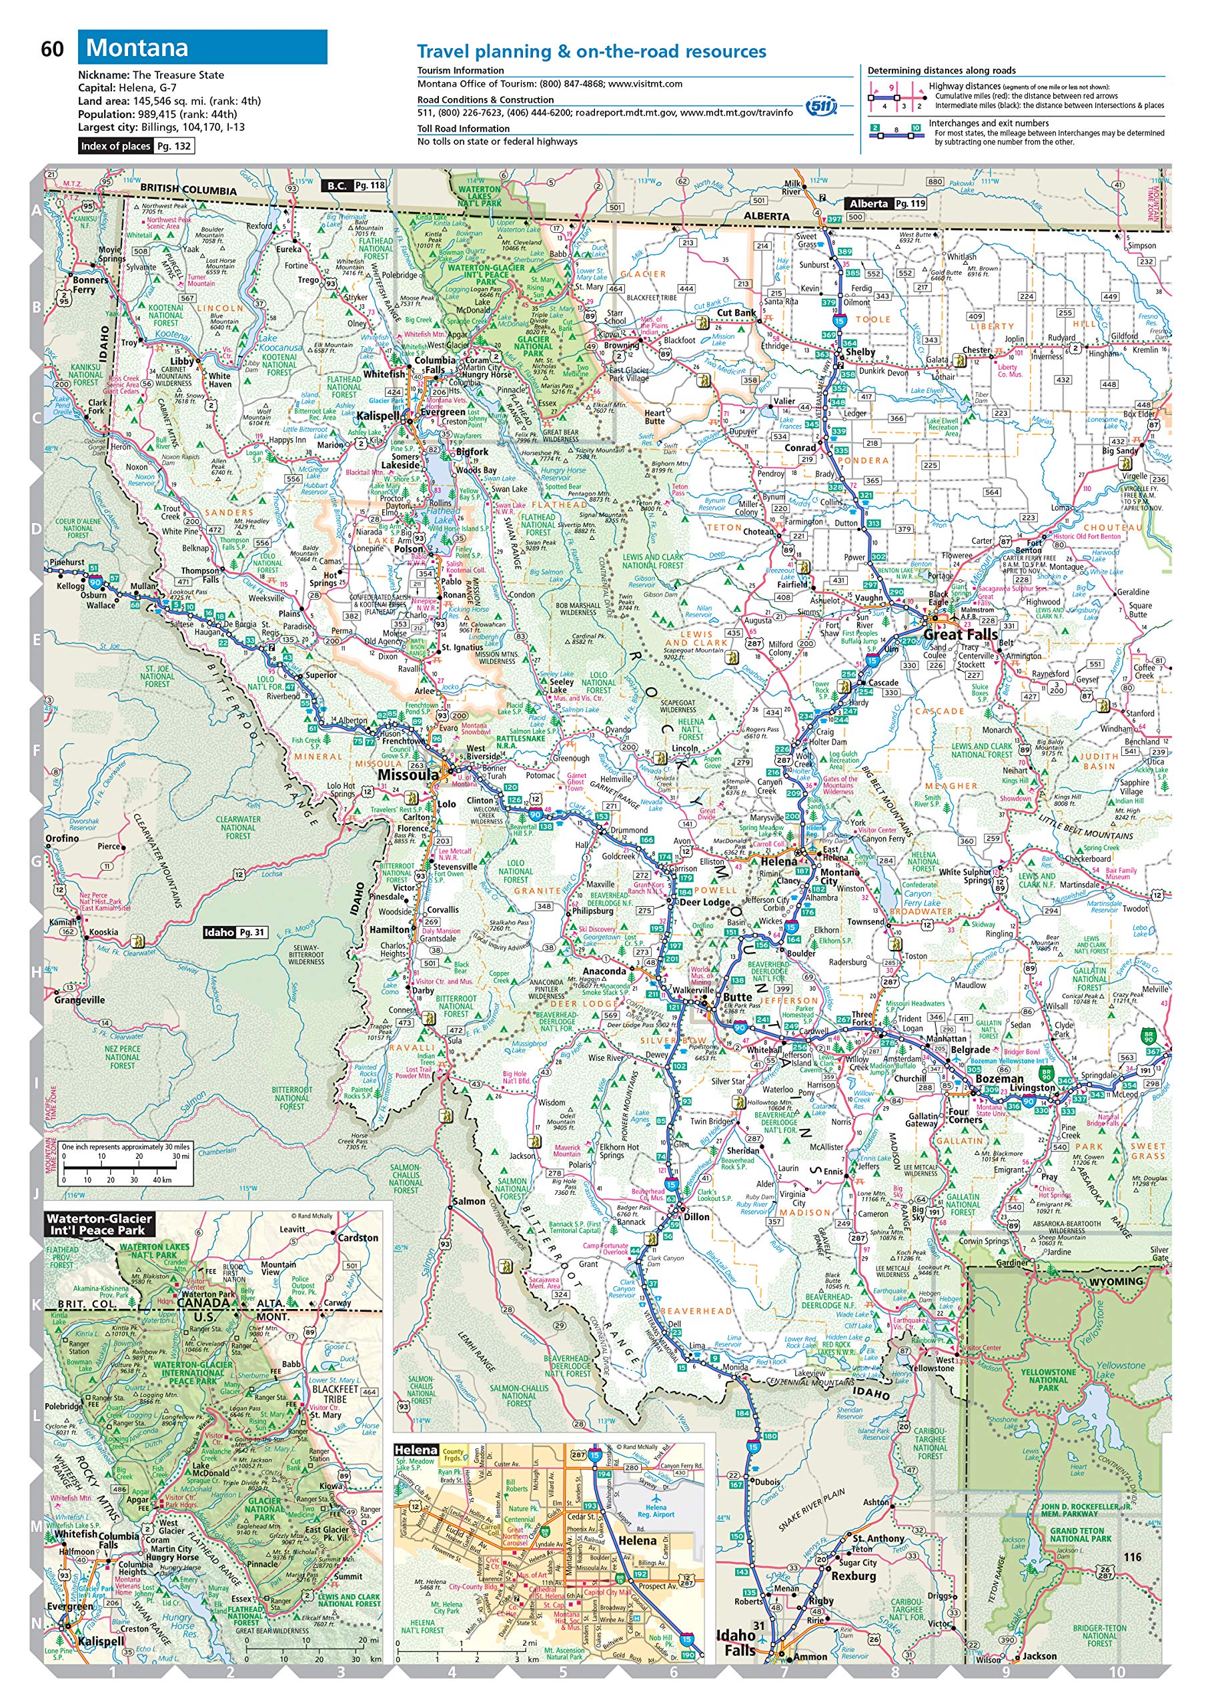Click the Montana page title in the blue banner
click(137, 47)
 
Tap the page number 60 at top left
click(52, 49)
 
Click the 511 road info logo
click(821, 107)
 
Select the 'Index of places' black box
click(115, 146)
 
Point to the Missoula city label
click(408, 775)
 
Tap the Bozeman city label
click(999, 1078)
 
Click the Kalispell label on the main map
click(378, 416)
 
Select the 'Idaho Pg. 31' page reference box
click(235, 932)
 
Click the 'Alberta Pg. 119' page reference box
click(886, 203)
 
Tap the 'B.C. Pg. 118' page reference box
click(354, 185)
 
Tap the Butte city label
click(737, 997)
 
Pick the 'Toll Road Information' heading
click(464, 128)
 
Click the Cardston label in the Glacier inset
click(358, 1238)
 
